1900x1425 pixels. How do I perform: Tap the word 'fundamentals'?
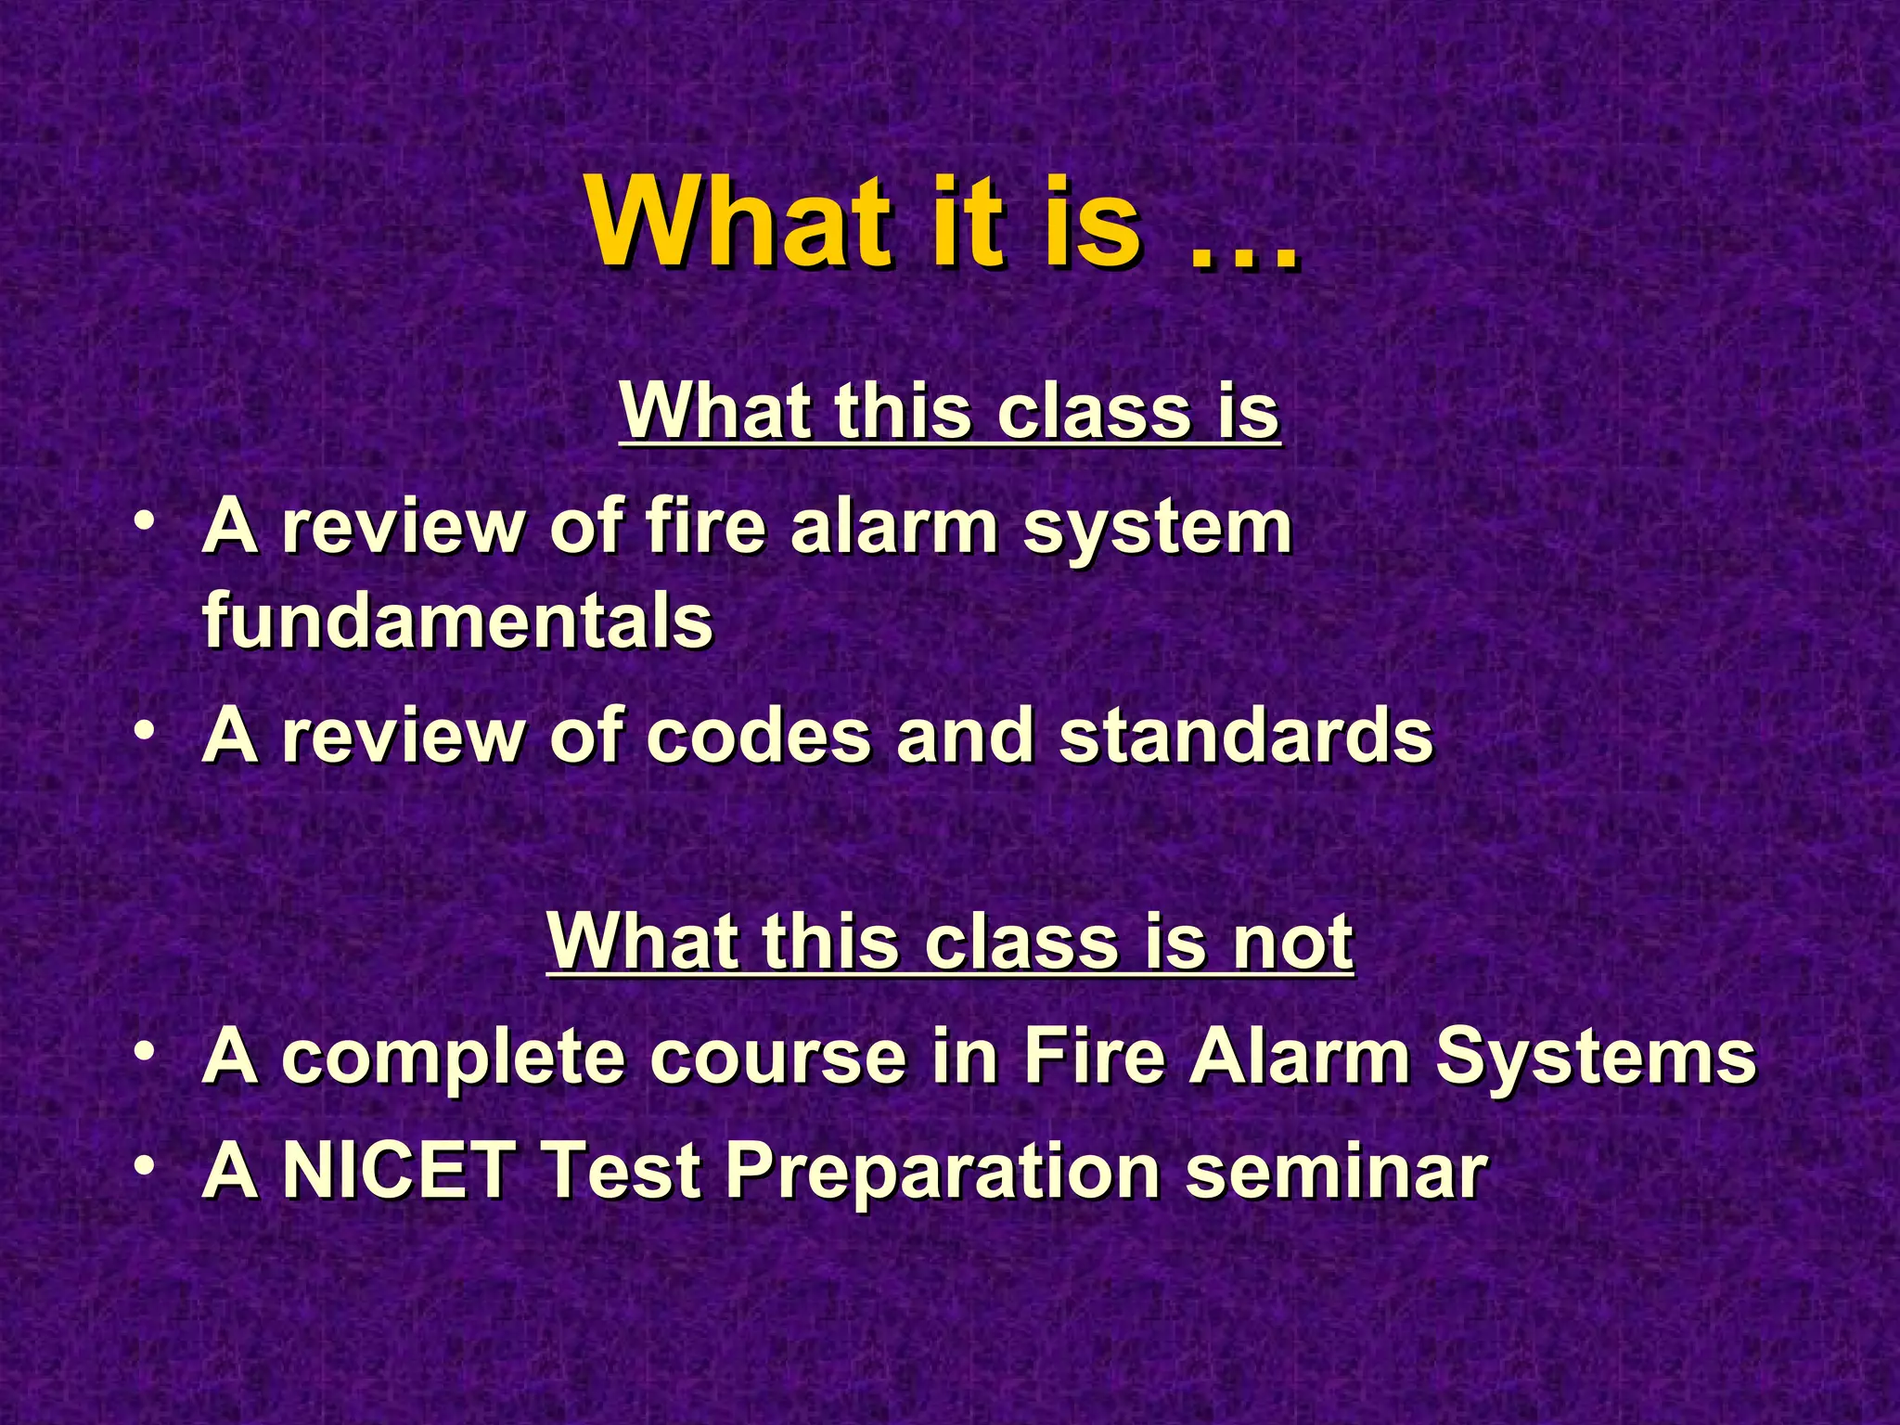pos(457,621)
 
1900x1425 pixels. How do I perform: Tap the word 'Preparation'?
pos(942,1173)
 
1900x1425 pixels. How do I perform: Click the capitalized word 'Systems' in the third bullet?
pos(1595,1059)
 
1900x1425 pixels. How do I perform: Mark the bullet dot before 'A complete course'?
pos(144,1052)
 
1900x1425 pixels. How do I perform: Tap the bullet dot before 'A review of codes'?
pos(144,730)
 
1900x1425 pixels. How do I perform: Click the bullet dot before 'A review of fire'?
pos(144,522)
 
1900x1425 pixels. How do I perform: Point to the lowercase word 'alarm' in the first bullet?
pos(894,526)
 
